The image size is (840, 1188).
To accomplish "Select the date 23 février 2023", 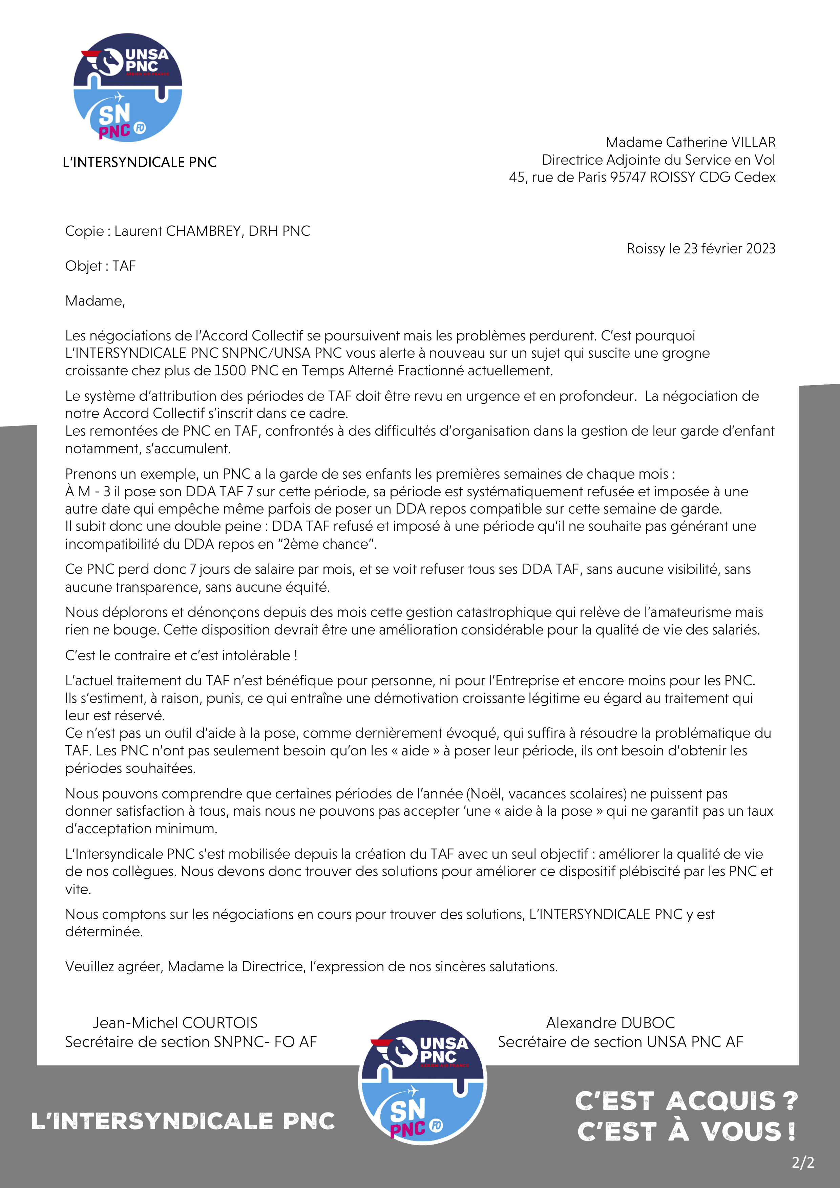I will tap(729, 249).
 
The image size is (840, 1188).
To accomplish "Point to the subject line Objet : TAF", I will tap(100, 266).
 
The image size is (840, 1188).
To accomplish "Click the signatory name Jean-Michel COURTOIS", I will tap(175, 1023).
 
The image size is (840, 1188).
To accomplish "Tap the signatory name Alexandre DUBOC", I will tap(610, 1023).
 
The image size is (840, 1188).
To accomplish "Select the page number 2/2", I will tap(803, 1163).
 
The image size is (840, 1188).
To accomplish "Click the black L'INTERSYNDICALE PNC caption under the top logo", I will tap(140, 163).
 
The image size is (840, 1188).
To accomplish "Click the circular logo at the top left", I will tap(128, 88).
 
